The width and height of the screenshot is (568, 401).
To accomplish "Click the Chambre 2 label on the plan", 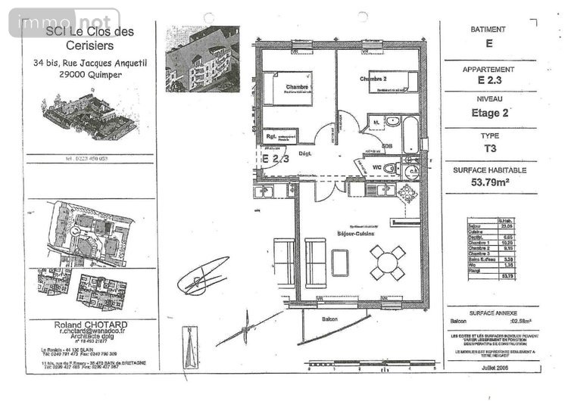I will (374, 79).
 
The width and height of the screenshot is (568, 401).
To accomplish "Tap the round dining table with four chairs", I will (386, 263).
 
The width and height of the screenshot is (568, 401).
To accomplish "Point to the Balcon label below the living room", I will (329, 319).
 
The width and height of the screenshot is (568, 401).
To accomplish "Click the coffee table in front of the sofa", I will (340, 263).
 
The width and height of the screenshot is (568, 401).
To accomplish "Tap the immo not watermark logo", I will (64, 23).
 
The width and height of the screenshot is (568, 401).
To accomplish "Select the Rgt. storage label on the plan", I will (270, 137).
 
